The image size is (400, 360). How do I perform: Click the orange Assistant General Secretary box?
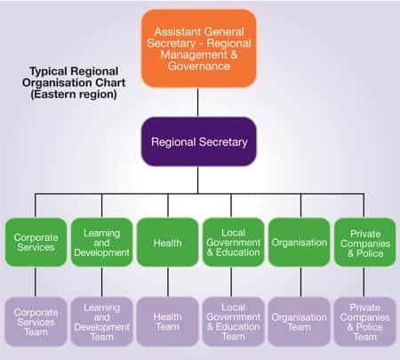[x=199, y=49]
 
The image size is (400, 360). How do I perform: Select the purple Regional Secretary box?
[x=199, y=141]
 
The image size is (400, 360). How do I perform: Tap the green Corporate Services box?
[x=36, y=243]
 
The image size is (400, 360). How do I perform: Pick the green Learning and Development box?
[x=101, y=243]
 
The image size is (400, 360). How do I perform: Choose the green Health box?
[x=167, y=243]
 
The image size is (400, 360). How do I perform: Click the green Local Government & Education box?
[x=233, y=243]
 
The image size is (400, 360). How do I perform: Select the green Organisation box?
[x=300, y=243]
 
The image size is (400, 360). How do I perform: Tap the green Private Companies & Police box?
[x=365, y=243]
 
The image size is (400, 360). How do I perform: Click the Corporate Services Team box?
[x=36, y=322]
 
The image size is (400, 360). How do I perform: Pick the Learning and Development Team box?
[x=101, y=322]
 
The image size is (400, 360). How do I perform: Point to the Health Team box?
[x=167, y=322]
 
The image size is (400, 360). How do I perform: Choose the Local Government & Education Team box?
[x=233, y=322]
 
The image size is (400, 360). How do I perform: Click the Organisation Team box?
[x=300, y=322]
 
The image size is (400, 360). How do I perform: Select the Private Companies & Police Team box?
[x=365, y=322]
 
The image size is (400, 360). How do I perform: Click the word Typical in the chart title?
[x=48, y=72]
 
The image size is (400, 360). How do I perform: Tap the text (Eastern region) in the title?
[x=74, y=94]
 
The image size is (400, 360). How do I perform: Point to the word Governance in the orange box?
[x=199, y=66]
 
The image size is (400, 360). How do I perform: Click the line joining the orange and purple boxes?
[x=198, y=102]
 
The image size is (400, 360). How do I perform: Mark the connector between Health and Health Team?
[x=168, y=282]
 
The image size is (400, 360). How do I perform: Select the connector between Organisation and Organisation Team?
[x=300, y=282]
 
